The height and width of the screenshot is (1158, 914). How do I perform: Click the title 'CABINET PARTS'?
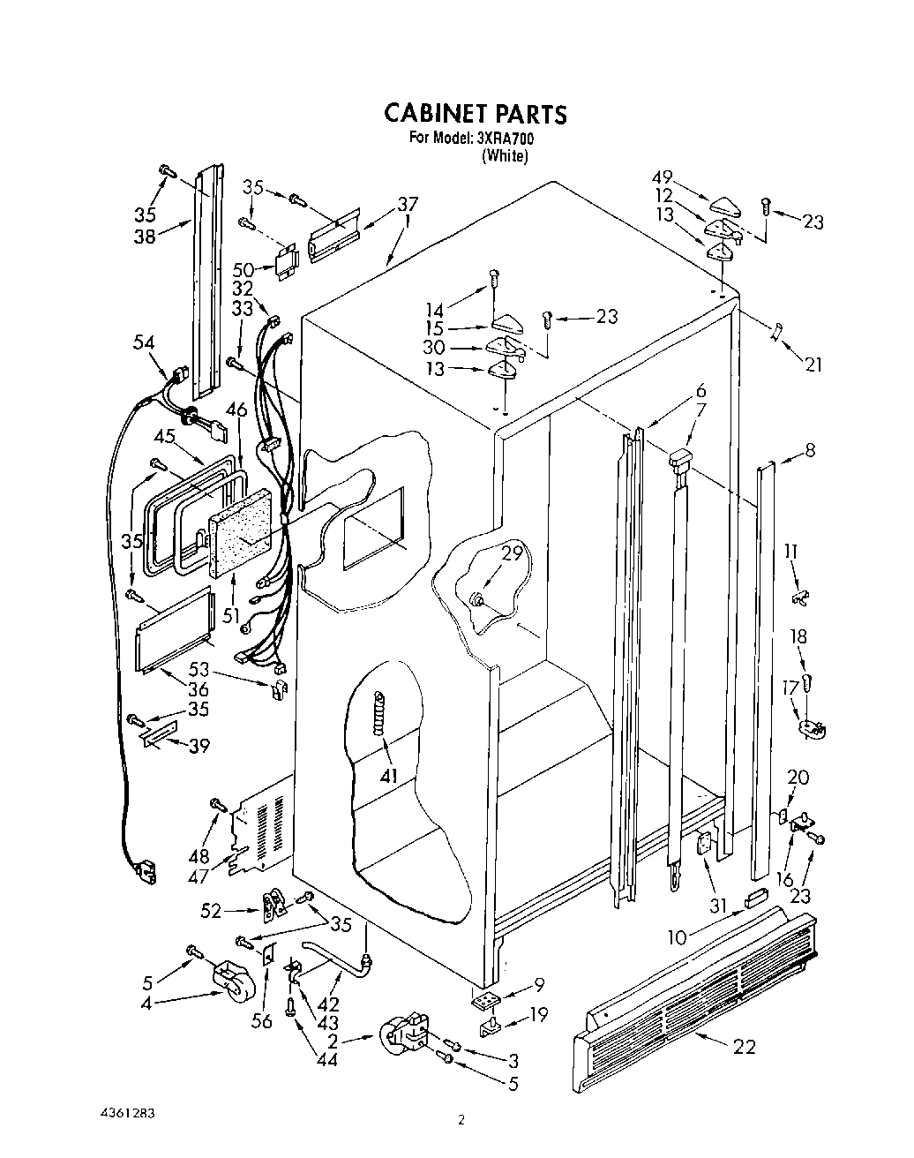[475, 114]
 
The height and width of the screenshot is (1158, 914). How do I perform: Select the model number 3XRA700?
[506, 139]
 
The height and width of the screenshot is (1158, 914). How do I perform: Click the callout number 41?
[389, 776]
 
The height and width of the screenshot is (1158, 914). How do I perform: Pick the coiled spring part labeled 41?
[380, 711]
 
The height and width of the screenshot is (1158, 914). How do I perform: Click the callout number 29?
[513, 554]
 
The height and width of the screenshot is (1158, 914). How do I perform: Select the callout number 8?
[809, 451]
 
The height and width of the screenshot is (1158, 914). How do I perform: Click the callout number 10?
[676, 937]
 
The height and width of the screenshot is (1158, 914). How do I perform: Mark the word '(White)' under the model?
[505, 156]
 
